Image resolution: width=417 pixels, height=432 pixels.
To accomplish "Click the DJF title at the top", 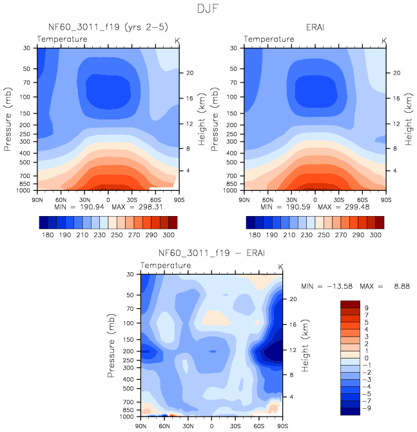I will point(209,10).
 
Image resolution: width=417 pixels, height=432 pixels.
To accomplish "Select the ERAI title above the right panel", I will point(315,27).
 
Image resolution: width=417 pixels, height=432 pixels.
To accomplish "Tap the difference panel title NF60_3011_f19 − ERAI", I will point(211,252).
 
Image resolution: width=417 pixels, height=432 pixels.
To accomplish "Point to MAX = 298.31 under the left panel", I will point(147,208).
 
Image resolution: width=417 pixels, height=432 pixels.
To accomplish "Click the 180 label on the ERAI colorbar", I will point(255,236).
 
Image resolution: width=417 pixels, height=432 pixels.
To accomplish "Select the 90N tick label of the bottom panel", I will point(141,426).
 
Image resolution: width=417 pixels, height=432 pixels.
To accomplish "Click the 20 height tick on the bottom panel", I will point(291,299).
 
